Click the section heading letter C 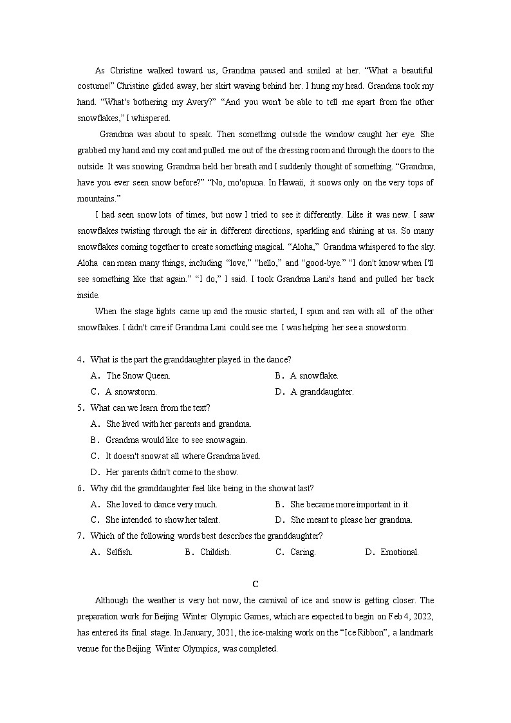pyautogui.click(x=255, y=584)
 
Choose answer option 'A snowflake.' pyautogui.click(x=314, y=375)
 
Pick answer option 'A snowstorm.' pyautogui.click(x=131, y=391)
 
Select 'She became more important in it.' pyautogui.click(x=349, y=504)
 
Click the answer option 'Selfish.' pyautogui.click(x=119, y=552)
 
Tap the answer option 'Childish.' pyautogui.click(x=215, y=552)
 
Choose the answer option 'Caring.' pyautogui.click(x=302, y=552)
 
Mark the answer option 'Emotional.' pyautogui.click(x=399, y=552)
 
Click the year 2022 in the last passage pyautogui.click(x=422, y=617)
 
